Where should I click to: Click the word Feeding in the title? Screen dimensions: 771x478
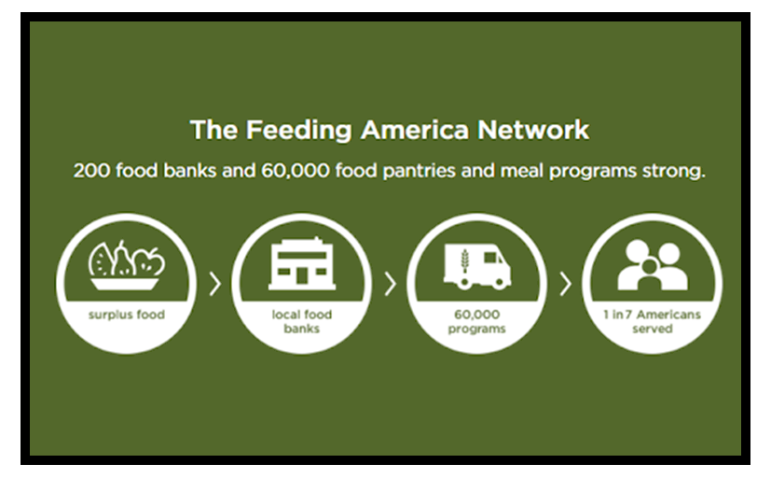point(298,131)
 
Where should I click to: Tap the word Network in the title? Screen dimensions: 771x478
point(533,130)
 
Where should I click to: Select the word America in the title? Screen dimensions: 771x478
point(415,130)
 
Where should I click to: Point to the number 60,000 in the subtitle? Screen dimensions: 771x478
point(295,171)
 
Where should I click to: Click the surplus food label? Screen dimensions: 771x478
point(127,315)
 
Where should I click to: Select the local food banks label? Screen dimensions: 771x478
point(302,321)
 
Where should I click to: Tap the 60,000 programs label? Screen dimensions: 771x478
point(477,321)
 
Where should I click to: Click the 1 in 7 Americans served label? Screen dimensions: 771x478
point(652,321)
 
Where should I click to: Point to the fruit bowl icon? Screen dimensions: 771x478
point(127,265)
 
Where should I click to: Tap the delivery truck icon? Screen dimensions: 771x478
point(477,266)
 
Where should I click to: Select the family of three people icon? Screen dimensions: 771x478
point(653,265)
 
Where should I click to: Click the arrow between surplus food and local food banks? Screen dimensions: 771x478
point(215,284)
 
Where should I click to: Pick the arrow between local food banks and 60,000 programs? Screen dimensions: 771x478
point(391,284)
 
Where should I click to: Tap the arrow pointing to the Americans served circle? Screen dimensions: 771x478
point(566,284)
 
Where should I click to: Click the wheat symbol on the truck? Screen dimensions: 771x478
point(464,260)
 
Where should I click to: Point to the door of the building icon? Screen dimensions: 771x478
point(302,276)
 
